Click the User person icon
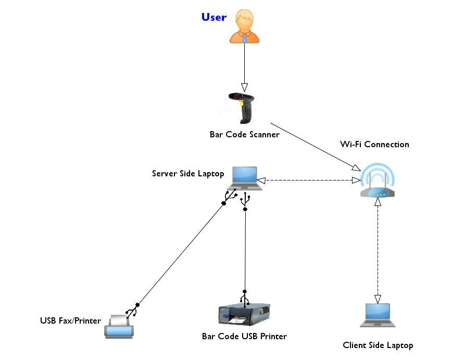click(x=245, y=27)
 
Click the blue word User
click(x=214, y=17)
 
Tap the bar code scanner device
click(x=244, y=107)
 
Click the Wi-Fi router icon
click(x=378, y=182)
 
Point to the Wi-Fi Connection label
click(x=374, y=144)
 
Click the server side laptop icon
click(x=245, y=179)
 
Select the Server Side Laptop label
click(x=188, y=173)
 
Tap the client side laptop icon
click(x=378, y=315)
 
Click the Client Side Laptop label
click(x=378, y=345)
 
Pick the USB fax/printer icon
click(x=119, y=326)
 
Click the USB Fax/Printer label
click(x=70, y=320)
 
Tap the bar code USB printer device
click(x=244, y=315)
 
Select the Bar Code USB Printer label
click(x=244, y=336)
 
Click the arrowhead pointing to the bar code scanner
click(x=245, y=87)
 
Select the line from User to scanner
click(x=245, y=62)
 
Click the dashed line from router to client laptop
click(x=378, y=250)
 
